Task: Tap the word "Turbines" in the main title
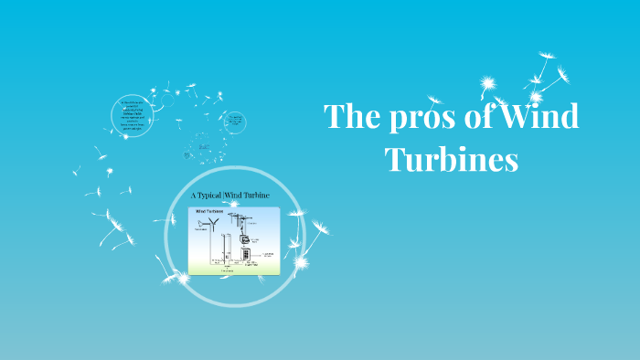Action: pos(452,160)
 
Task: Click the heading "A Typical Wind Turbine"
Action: pos(230,196)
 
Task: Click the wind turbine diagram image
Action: pos(233,240)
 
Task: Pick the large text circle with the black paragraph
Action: pos(133,115)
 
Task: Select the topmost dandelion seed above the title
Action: pos(549,56)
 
